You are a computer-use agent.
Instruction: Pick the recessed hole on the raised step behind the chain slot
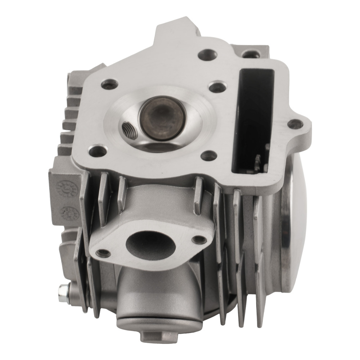click(x=248, y=54)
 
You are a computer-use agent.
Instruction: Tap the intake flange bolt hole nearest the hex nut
click(x=103, y=253)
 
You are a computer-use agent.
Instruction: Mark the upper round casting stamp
click(x=64, y=188)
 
